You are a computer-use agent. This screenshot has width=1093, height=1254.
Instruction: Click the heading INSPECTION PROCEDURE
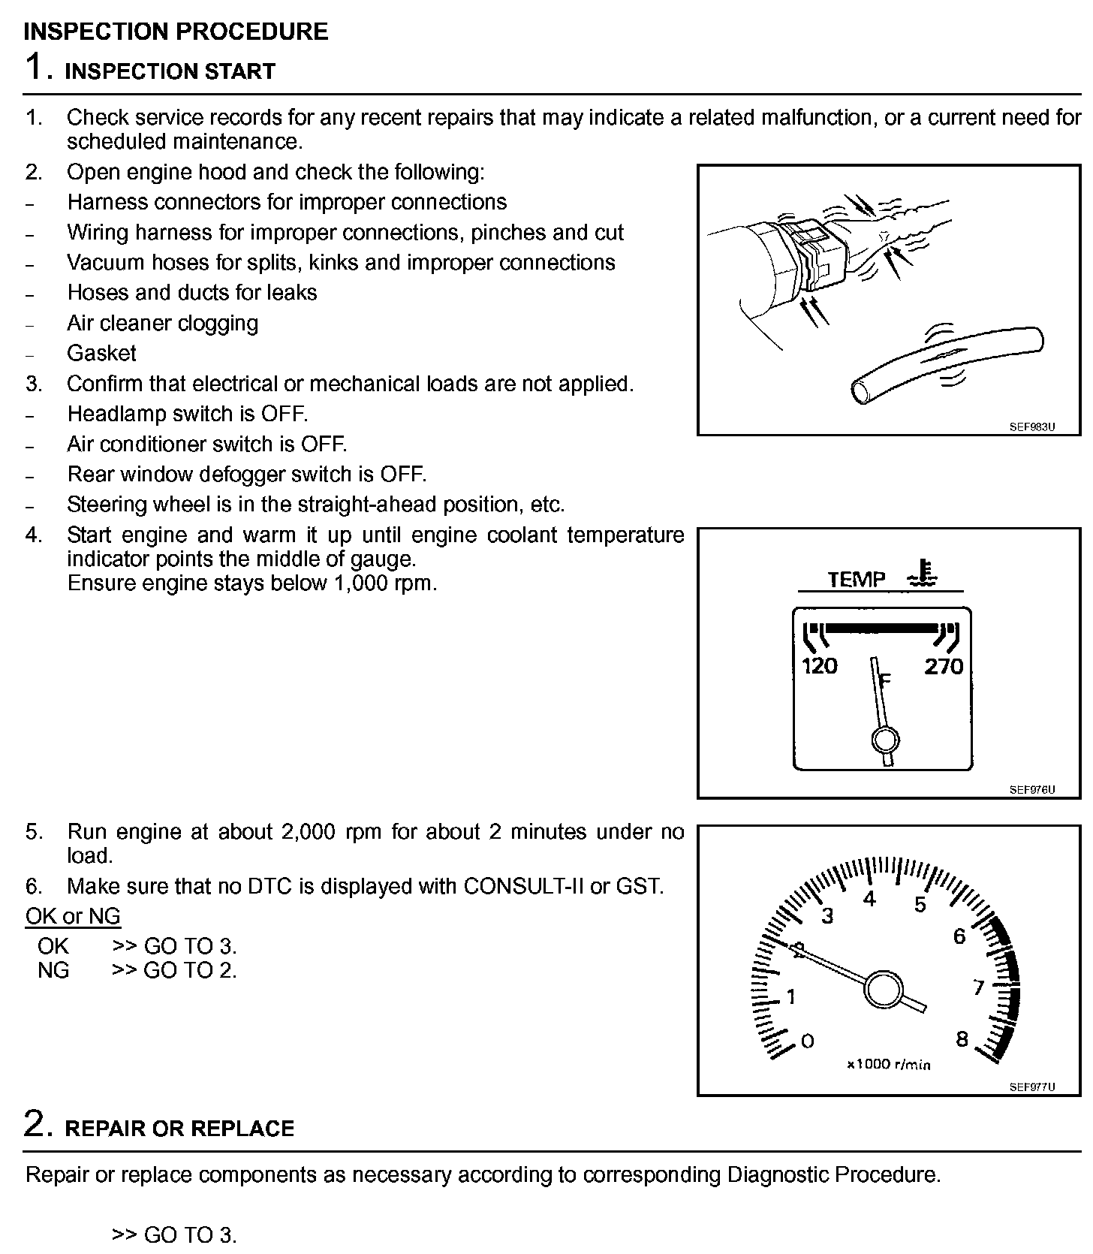point(176,32)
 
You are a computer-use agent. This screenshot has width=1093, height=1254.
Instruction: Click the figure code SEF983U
point(1032,427)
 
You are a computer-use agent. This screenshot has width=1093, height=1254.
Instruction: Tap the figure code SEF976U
point(1032,790)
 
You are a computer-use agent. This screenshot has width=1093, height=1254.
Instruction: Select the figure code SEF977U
point(1032,1087)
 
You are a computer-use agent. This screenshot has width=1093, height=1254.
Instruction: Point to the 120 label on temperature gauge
point(820,666)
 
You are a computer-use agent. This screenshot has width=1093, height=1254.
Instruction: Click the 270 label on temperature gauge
point(944,666)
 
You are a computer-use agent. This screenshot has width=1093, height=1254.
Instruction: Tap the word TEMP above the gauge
point(857,579)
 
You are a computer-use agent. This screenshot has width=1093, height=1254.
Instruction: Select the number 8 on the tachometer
point(962,1038)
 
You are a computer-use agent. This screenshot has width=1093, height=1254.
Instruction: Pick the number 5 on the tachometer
point(920,905)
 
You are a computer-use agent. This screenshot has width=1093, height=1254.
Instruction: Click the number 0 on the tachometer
point(808,1041)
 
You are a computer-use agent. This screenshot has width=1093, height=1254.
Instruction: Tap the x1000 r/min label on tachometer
point(888,1064)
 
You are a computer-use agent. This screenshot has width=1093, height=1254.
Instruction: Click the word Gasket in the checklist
point(101,353)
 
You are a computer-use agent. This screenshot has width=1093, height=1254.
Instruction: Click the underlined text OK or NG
point(73,916)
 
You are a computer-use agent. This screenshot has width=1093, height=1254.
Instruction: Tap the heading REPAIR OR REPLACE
point(179,1129)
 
